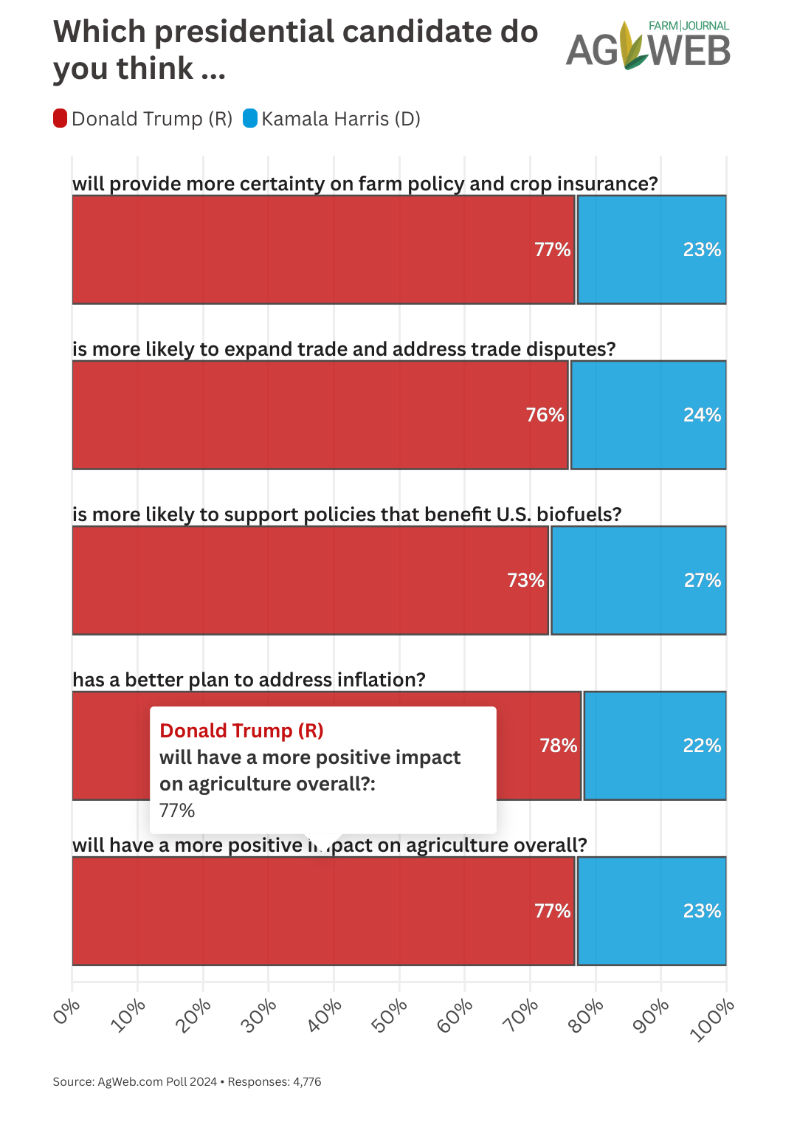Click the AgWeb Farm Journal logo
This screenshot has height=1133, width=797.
pyautogui.click(x=648, y=46)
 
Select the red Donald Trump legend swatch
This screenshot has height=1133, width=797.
pyautogui.click(x=61, y=118)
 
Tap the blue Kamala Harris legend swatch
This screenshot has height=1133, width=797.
pyautogui.click(x=250, y=118)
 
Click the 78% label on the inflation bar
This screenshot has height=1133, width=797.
pyautogui.click(x=558, y=745)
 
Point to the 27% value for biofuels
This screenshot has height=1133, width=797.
pyautogui.click(x=702, y=580)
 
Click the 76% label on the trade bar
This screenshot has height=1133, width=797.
pyautogui.click(x=545, y=415)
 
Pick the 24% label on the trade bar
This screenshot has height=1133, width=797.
pyautogui.click(x=702, y=415)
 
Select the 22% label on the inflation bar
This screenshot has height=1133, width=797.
pyautogui.click(x=702, y=745)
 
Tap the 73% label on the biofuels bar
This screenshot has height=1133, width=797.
pyautogui.click(x=525, y=580)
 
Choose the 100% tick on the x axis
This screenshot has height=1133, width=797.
pyautogui.click(x=713, y=1019)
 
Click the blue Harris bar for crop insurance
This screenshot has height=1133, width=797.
pyautogui.click(x=651, y=249)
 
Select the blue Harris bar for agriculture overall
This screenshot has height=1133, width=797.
pyautogui.click(x=651, y=911)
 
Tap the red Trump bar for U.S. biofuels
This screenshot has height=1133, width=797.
pyautogui.click(x=310, y=580)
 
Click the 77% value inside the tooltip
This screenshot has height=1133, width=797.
pyautogui.click(x=177, y=810)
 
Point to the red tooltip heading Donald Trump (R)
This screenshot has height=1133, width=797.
pyautogui.click(x=241, y=731)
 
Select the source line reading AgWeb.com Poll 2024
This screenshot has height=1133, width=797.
pyautogui.click(x=157, y=1081)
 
